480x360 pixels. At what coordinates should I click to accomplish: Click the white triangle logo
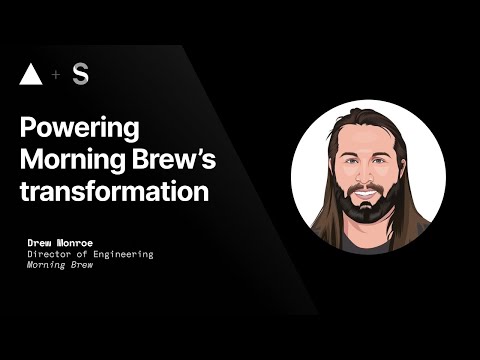click(x=32, y=75)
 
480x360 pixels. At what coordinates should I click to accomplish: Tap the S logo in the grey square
click(x=80, y=75)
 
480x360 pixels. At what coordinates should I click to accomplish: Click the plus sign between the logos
click(x=56, y=76)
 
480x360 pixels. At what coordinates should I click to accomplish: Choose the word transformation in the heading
click(x=115, y=190)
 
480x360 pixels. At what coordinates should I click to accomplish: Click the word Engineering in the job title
click(x=124, y=255)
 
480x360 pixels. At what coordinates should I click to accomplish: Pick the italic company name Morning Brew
click(x=58, y=267)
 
